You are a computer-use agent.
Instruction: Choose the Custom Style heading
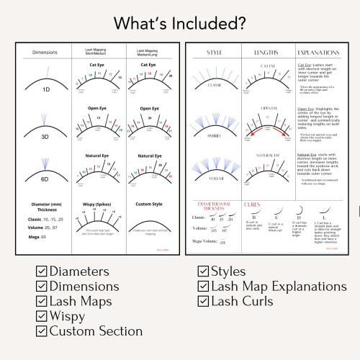149,204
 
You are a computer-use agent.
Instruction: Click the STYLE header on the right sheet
214,53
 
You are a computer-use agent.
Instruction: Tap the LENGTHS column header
267,53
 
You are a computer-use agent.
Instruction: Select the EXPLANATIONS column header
320,53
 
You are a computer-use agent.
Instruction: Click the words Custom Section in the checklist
95,330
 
